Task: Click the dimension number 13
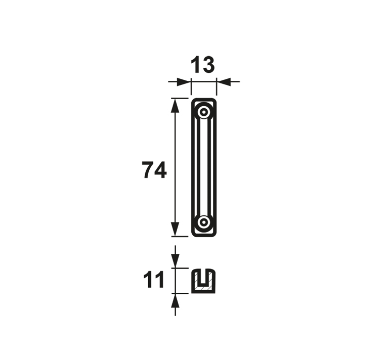point(202,65)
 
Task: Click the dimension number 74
point(154,170)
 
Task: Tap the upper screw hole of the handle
point(204,113)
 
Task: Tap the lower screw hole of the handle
point(204,222)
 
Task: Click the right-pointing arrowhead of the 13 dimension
point(184,82)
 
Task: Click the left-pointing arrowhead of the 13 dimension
point(224,82)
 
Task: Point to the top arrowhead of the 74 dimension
point(175,106)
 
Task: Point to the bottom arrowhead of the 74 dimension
point(175,229)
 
